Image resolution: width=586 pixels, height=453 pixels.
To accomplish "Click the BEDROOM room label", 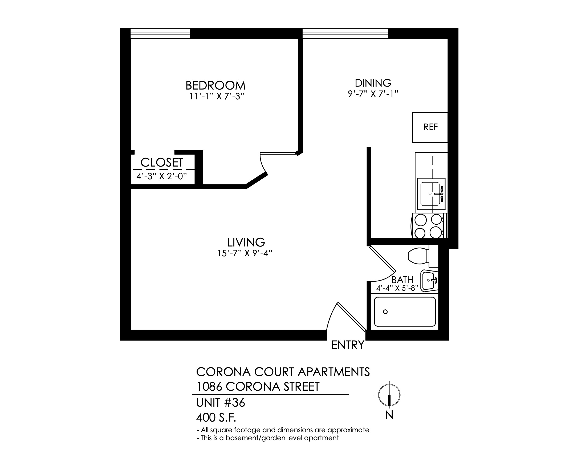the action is coord(215,85).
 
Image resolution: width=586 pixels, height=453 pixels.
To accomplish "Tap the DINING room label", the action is coord(373,83).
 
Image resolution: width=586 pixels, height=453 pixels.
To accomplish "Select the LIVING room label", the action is coord(246,242).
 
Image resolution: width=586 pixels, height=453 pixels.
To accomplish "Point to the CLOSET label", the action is coord(162,162).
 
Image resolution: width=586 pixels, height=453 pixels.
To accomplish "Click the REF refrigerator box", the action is coord(430,127).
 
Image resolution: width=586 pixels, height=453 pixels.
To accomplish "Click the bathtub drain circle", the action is coord(385,312).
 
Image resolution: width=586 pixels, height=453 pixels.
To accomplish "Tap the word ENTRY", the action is coord(348,345).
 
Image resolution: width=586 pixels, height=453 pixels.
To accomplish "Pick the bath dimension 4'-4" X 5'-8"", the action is coord(397,288).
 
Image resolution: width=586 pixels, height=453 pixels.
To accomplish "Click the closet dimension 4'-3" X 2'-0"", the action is coord(161,176).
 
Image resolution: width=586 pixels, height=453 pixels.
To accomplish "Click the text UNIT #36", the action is coord(221,403).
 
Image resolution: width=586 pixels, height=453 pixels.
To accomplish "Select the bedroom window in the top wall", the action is coord(160,33).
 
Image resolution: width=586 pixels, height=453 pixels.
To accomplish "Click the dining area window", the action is coord(345,33).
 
